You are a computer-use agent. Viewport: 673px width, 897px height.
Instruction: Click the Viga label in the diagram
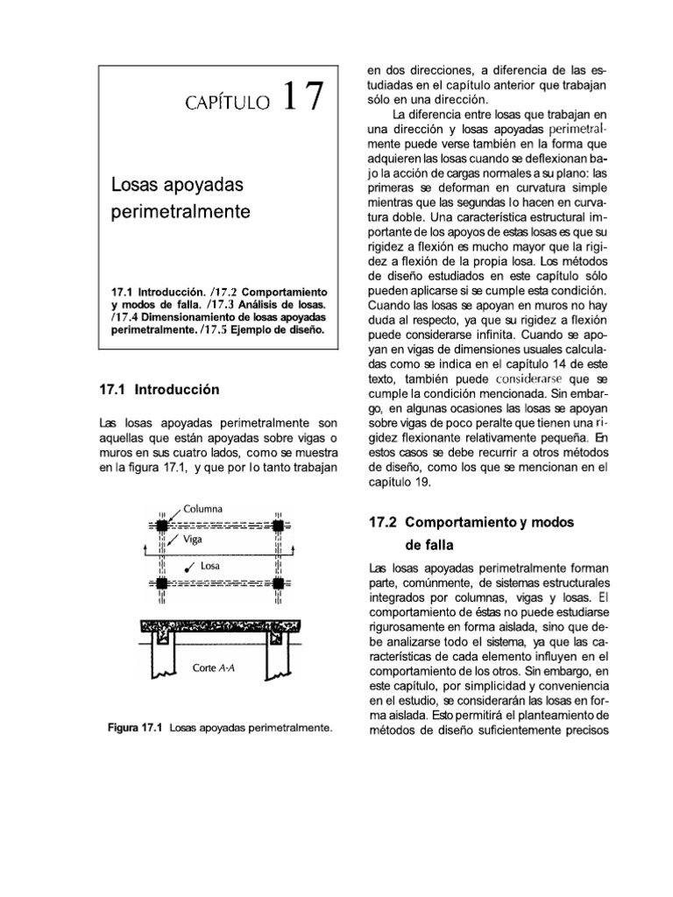click(194, 540)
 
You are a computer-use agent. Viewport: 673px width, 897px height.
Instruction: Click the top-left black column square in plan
click(162, 525)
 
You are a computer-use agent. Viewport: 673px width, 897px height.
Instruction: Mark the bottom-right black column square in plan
click(278, 583)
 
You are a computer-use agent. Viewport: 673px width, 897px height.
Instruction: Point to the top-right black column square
click(278, 525)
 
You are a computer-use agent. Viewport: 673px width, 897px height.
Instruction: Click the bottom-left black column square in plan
click(162, 583)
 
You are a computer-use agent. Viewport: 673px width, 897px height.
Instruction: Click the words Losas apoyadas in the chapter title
click(176, 186)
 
